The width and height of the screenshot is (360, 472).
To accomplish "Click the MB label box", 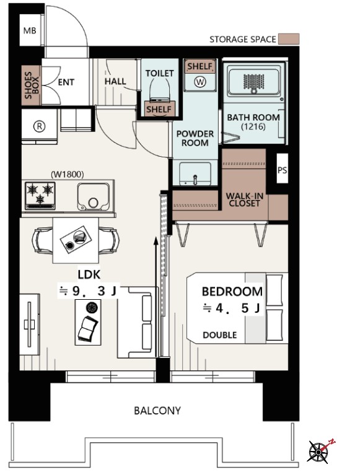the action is pos(30,30).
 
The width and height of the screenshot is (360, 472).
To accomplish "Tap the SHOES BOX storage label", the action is pos(32,85).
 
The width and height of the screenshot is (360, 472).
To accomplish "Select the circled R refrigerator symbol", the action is pos(39,126).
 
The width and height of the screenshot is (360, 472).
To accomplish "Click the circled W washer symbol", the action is pos(200,82).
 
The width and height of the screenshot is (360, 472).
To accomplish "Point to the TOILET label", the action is pos(159,73).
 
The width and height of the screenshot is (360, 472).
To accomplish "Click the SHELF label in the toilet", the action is pos(159,109).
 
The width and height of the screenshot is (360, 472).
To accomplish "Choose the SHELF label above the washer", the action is pos(200,66).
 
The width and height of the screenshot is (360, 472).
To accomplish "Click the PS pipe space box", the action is pos(282,170).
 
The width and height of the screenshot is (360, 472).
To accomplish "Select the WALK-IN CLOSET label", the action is pos(244,199).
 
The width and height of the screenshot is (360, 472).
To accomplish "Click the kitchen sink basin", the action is pos(93,196).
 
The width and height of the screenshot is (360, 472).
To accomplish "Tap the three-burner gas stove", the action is pos(40,195).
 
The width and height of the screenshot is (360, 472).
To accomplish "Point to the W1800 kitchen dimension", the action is pos(68,174).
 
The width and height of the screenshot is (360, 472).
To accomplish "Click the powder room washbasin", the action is pos(195,174).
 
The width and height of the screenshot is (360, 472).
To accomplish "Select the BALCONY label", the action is pos(157,411).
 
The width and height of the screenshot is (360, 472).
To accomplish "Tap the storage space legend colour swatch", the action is pos(289,39).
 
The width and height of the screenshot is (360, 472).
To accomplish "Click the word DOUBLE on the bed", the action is pos(220,335).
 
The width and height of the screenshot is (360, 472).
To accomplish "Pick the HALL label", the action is pos(115,81).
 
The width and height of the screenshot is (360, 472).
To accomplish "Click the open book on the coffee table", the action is pos(87,328).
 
